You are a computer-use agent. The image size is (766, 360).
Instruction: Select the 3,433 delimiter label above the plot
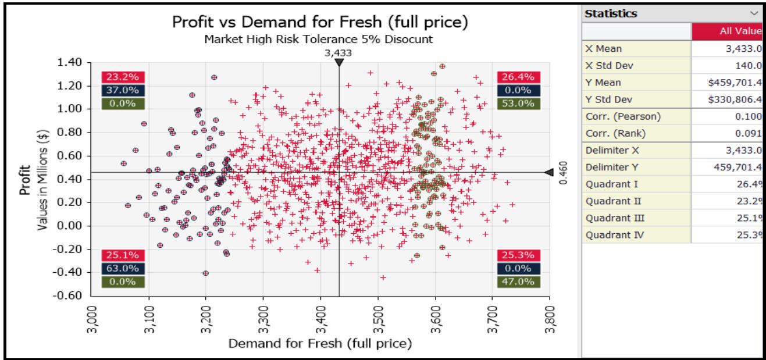(x=339, y=53)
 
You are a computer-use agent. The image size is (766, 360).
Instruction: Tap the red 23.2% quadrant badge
(x=120, y=77)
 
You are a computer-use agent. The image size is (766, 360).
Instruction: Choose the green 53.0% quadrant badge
(x=515, y=104)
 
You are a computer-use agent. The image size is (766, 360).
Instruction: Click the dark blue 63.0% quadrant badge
(x=120, y=268)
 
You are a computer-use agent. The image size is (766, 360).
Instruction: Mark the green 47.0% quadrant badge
(x=515, y=281)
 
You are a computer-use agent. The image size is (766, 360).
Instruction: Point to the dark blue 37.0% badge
(x=120, y=90)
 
